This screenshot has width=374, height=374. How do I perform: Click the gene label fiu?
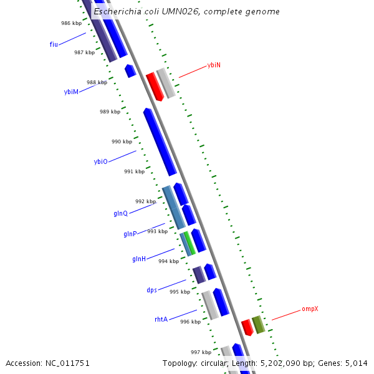click(x=54, y=44)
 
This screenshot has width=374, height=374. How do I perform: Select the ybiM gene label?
click(x=71, y=92)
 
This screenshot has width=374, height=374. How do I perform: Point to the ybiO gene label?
click(x=100, y=161)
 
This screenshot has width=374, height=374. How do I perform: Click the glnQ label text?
click(x=120, y=213)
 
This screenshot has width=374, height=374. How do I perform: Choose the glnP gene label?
click(x=130, y=234)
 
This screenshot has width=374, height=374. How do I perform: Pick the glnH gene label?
click(x=138, y=259)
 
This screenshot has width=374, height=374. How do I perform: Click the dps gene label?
click(x=151, y=290)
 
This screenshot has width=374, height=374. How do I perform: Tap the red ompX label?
click(x=310, y=309)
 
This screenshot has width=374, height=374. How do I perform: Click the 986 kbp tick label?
click(x=71, y=23)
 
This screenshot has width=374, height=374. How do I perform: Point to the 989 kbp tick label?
click(x=110, y=112)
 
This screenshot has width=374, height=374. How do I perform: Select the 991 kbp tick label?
click(x=134, y=171)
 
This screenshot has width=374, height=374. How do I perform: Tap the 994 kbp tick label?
click(x=168, y=261)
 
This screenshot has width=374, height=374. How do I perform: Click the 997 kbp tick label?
click(x=201, y=352)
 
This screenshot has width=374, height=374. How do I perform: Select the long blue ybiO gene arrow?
click(x=160, y=141)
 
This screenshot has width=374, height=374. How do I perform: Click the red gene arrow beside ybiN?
click(x=154, y=86)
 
